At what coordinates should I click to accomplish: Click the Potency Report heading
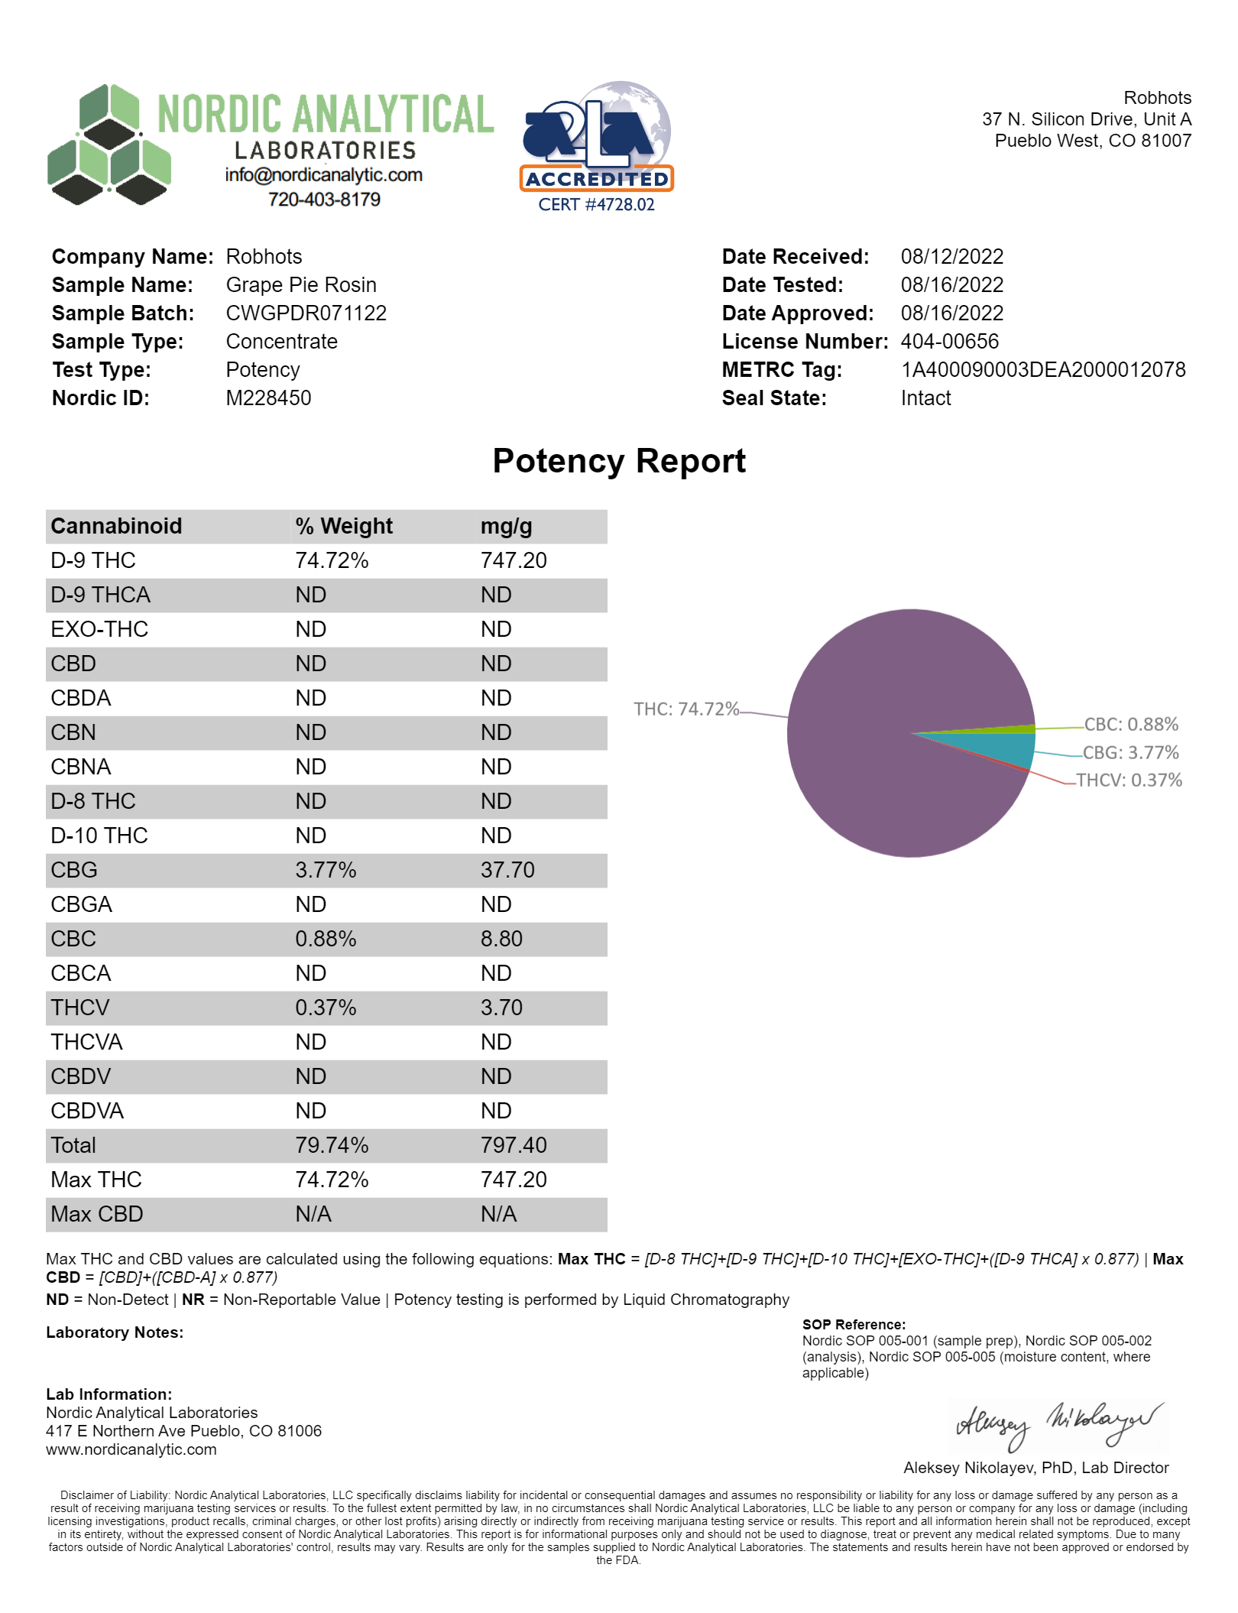(x=619, y=461)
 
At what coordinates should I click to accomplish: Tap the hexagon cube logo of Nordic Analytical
(x=109, y=145)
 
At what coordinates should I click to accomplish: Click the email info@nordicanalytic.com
(x=323, y=175)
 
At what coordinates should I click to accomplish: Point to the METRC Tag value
(x=1043, y=370)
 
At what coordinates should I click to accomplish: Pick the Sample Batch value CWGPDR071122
(x=306, y=313)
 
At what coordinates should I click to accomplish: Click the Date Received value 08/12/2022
(x=951, y=257)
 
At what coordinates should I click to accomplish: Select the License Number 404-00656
(x=949, y=342)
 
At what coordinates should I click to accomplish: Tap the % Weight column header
(x=344, y=527)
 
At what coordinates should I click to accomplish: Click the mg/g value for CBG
(x=507, y=870)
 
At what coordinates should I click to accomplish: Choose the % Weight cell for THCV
(x=326, y=1008)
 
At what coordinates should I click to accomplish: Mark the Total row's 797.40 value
(x=514, y=1145)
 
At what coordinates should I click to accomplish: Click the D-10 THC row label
(x=99, y=836)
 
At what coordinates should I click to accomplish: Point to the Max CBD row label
(x=97, y=1214)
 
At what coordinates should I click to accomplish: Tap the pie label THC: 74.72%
(x=686, y=709)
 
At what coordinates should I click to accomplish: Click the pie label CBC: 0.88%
(x=1131, y=725)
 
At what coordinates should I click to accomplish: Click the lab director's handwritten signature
(x=1058, y=1426)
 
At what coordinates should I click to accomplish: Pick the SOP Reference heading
(x=854, y=1325)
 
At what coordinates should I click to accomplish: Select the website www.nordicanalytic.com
(x=131, y=1449)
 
